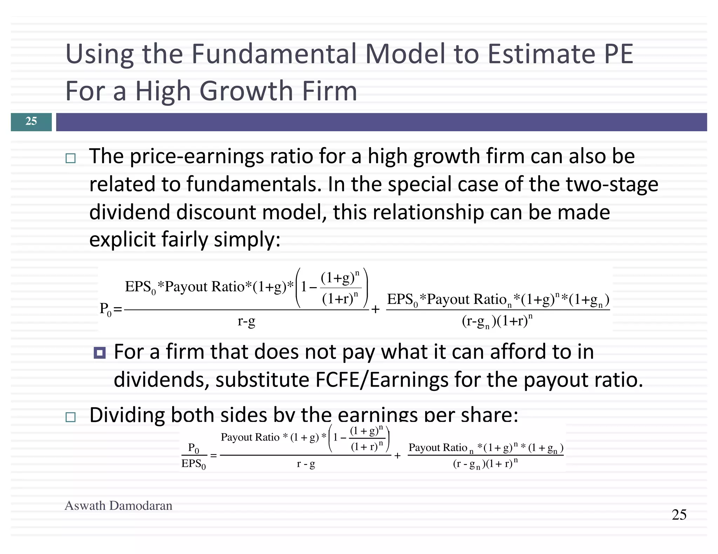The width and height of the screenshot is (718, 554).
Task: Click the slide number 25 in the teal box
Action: tap(31, 121)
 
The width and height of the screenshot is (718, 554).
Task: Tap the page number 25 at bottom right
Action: tap(679, 515)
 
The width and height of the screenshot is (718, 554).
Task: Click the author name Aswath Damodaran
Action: tap(118, 506)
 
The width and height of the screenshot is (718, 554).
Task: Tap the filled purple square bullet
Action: tap(100, 353)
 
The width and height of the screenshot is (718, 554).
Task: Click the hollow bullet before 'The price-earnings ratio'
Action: tap(70, 159)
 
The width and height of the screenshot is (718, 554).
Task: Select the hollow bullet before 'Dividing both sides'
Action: tap(70, 417)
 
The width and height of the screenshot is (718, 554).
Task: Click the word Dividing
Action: tap(127, 415)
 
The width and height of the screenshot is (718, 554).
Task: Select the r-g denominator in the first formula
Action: tap(246, 321)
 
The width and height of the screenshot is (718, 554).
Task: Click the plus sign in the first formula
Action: tap(375, 310)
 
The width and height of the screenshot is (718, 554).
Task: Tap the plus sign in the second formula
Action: tap(397, 456)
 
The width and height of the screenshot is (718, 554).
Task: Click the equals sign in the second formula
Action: tap(214, 456)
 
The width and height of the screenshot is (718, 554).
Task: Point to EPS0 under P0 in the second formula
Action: tap(194, 464)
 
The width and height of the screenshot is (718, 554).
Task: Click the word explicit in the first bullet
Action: tap(122, 240)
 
